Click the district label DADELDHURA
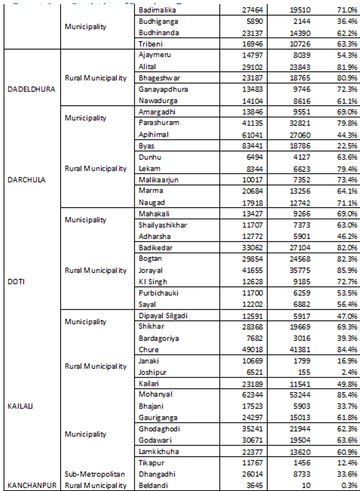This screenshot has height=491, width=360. tap(31, 89)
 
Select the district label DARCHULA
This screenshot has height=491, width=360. tap(27, 180)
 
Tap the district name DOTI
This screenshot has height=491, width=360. tap(16, 282)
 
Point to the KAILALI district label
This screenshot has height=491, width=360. tap(20, 406)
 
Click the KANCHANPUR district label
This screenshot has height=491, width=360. tap(32, 485)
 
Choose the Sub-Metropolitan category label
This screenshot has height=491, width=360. tap(95, 474)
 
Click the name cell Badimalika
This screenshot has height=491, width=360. tap(157, 10)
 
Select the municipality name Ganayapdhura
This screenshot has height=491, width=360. tap(163, 89)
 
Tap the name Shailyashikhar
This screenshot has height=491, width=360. tap(163, 225)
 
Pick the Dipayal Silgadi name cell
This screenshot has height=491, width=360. tap(163, 316)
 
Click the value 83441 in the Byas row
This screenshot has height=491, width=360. tap(253, 146)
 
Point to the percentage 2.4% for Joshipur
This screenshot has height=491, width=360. tap(350, 372)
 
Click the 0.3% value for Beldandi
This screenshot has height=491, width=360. tap(350, 485)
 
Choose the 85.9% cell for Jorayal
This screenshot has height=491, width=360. tap(347, 270)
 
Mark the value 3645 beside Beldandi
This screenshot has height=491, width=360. tap(255, 485)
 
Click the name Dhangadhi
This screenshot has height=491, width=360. tap(157, 474)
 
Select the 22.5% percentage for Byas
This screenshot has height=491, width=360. tap(347, 146)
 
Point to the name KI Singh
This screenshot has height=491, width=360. tap(153, 282)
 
